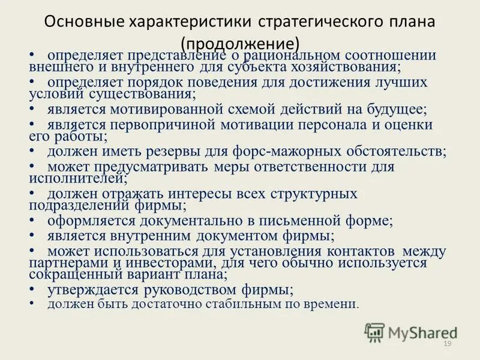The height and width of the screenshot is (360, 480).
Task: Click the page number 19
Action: [446, 343]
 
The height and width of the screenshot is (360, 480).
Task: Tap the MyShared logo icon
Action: [375, 332]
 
